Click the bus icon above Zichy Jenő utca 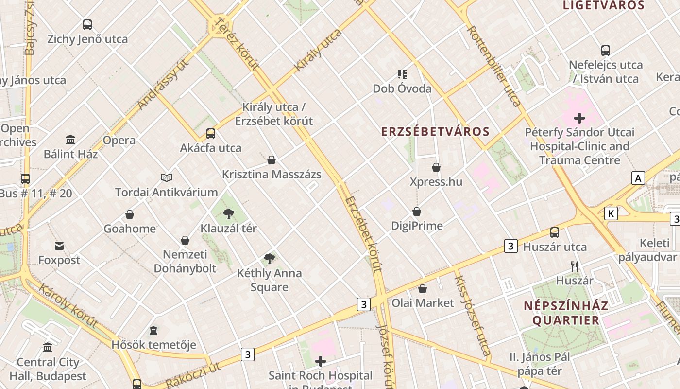tap(87, 25)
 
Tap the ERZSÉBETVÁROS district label tap(435, 132)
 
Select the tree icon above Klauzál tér tap(229, 214)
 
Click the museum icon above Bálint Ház tap(70, 140)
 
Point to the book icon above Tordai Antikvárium tap(167, 178)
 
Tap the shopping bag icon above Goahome tap(130, 214)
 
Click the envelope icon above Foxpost tap(59, 246)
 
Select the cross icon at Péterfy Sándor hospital tap(579, 118)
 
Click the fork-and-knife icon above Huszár tap(575, 266)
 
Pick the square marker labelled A tap(638, 178)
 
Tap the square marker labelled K tap(611, 213)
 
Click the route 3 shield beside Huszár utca tap(510, 246)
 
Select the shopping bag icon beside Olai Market tap(423, 289)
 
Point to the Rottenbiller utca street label tap(493, 66)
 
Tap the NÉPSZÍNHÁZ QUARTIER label tap(566, 313)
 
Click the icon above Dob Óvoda tap(402, 74)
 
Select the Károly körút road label tap(68, 306)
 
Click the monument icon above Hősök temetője tap(153, 331)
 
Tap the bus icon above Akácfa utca tap(211, 134)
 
